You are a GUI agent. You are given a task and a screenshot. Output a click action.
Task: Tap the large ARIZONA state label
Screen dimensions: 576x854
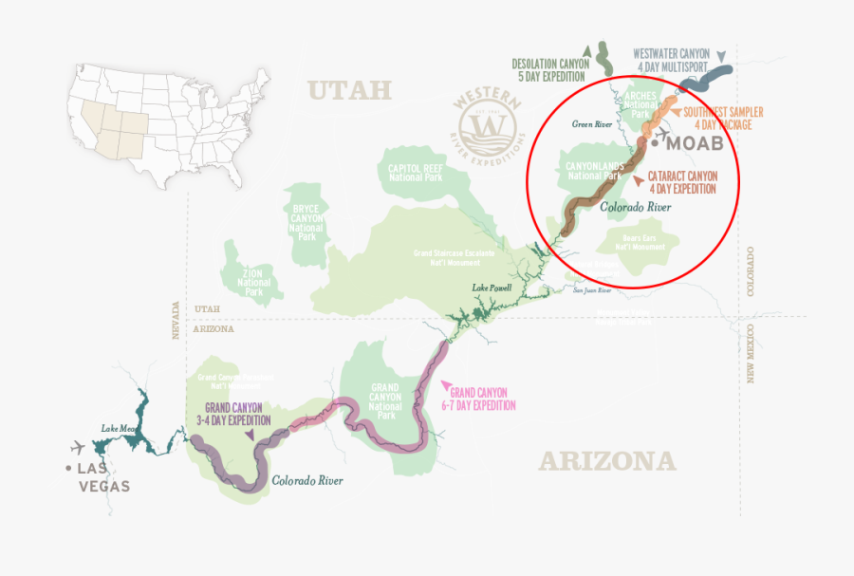[607, 461]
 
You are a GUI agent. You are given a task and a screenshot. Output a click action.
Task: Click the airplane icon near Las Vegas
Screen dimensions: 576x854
[77, 447]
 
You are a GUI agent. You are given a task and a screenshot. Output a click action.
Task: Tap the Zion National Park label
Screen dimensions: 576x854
[253, 276]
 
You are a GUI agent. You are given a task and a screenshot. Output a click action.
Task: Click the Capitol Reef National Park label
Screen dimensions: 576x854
[418, 171]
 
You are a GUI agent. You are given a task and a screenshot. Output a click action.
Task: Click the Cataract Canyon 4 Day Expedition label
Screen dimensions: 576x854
[682, 182]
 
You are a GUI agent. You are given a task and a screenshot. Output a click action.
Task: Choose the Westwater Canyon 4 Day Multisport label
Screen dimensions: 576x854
[671, 61]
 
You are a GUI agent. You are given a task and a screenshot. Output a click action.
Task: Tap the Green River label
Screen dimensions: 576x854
[590, 124]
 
